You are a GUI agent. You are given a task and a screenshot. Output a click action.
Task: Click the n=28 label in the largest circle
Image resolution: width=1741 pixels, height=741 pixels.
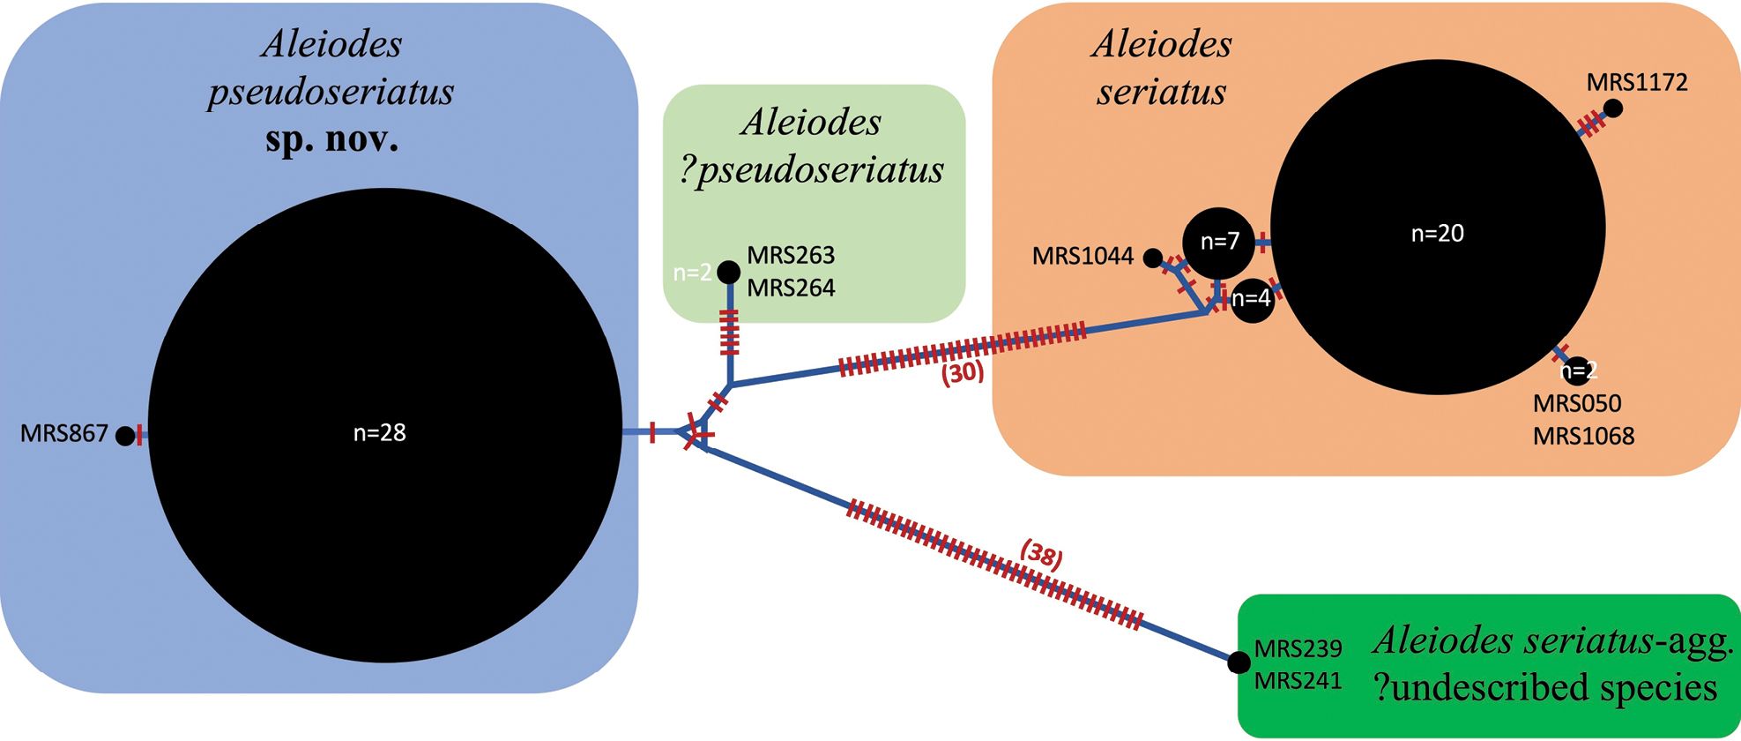point(379,432)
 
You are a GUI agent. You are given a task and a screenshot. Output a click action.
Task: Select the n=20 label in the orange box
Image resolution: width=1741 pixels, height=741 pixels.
point(1437,233)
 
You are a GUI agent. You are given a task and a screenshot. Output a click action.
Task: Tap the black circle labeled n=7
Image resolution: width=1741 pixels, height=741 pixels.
point(1218,242)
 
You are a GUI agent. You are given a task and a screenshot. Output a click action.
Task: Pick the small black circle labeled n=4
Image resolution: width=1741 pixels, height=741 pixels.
point(1252,300)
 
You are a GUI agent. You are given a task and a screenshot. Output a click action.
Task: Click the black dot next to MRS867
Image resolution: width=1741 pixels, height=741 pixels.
point(125,435)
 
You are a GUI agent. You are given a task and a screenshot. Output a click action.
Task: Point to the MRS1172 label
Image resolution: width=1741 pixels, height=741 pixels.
point(1637,82)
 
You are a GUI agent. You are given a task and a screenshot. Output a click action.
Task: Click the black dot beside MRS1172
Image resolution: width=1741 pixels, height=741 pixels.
point(1612,109)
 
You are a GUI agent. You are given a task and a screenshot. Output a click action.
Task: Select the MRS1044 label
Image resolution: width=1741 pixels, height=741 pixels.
point(1083,256)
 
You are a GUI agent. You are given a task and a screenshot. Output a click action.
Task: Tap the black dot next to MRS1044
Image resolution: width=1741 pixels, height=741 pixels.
point(1152,258)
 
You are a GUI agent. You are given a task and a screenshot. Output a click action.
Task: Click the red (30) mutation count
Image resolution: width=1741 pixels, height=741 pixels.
point(962,372)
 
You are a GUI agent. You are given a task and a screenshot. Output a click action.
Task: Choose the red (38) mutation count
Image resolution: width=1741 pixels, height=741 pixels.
point(1041,555)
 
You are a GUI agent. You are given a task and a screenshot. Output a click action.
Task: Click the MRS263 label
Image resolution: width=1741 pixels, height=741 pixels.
point(791,255)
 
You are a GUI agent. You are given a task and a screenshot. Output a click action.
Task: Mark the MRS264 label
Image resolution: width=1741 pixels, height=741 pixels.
point(791,288)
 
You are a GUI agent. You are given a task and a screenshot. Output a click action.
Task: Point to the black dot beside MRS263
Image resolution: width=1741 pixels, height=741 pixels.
point(728,272)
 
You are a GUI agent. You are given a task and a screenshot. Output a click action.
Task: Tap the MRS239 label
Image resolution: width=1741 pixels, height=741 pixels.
point(1298,648)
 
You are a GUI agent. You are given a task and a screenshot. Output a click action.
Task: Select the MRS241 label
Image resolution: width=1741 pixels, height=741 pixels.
point(1298,681)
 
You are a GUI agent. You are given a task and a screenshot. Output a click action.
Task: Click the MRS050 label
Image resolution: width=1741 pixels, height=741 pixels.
point(1577,403)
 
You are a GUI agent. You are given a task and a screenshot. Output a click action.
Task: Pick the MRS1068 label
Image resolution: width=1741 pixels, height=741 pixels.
point(1583,436)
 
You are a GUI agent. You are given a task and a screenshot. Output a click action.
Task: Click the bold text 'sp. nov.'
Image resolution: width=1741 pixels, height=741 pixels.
point(331,139)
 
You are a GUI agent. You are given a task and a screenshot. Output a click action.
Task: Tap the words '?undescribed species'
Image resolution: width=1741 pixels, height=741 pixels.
point(1545,688)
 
